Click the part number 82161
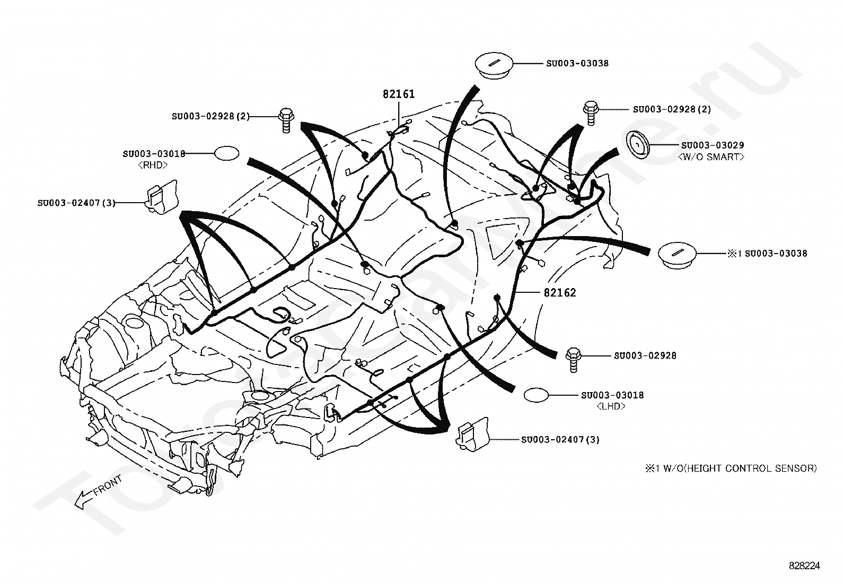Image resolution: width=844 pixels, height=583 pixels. click(x=399, y=94)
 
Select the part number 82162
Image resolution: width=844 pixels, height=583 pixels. click(x=560, y=293)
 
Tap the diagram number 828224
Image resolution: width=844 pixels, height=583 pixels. click(x=804, y=565)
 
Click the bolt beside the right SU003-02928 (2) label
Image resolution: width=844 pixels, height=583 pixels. click(x=591, y=113)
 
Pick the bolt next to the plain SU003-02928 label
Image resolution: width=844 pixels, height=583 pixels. click(x=574, y=360)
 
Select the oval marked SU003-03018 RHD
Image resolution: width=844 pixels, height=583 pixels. click(x=227, y=153)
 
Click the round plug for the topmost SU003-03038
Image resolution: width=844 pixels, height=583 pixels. click(x=493, y=66)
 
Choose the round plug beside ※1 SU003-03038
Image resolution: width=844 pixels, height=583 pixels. click(x=677, y=255)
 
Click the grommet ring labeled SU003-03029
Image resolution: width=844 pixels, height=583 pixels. click(x=638, y=145)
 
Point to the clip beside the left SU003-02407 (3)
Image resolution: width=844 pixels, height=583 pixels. click(x=161, y=197)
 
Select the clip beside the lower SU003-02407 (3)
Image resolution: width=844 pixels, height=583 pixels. click(x=473, y=434)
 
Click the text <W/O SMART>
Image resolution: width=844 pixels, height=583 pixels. click(x=711, y=157)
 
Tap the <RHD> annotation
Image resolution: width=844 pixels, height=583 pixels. click(x=153, y=165)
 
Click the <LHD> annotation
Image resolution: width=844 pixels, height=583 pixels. click(x=611, y=406)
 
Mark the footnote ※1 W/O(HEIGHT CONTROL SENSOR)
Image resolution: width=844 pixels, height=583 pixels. click(x=731, y=468)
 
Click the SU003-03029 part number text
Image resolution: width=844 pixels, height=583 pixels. click(x=713, y=145)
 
